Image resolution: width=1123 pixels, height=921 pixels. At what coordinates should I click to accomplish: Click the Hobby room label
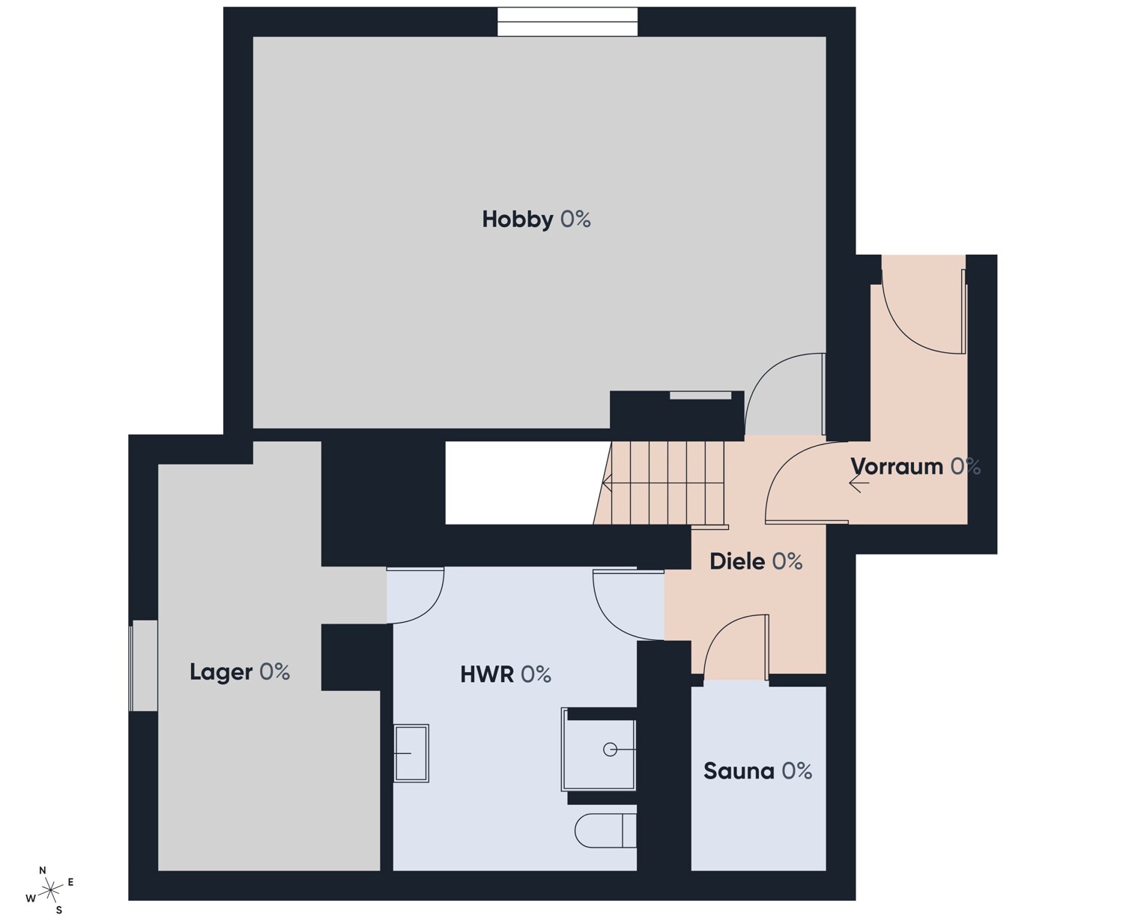[x=536, y=220]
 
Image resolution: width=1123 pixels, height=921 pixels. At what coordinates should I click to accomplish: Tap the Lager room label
[x=240, y=671]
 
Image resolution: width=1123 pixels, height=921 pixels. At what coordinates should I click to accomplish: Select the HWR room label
[x=506, y=674]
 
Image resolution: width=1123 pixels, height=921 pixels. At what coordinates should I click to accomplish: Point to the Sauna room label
[x=757, y=771]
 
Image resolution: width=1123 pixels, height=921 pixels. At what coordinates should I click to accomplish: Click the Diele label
[x=756, y=561]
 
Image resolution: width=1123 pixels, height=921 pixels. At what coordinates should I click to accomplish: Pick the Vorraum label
[x=915, y=466]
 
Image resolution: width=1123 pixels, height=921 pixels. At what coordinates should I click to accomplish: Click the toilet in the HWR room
[x=605, y=830]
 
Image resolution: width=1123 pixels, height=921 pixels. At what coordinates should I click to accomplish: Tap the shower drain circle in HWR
[x=610, y=749]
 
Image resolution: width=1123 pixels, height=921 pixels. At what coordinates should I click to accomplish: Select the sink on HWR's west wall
[x=411, y=752]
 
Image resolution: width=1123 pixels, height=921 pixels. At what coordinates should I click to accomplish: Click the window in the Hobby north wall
[x=567, y=22]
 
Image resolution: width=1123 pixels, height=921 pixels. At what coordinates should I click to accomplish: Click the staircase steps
[x=660, y=483]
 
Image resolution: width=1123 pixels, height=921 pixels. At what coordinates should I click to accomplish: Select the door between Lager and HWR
[x=416, y=595]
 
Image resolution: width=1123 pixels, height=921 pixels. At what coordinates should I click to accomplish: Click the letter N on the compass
[x=43, y=870]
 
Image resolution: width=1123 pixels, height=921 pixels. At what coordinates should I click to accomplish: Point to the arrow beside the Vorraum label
[x=859, y=483]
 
